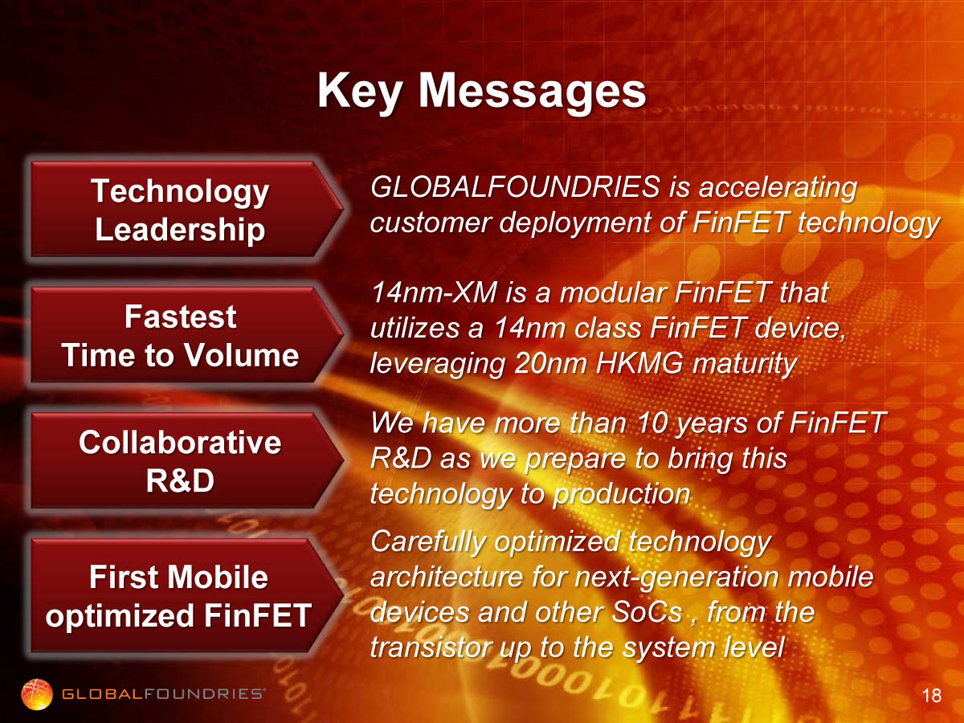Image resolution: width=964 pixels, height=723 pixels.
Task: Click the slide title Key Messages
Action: coord(481,92)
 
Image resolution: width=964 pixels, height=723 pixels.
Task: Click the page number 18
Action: coord(932,696)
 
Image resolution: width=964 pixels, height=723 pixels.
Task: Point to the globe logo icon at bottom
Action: coord(37,694)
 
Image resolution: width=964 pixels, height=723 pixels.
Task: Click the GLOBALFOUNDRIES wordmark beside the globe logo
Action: coord(163,694)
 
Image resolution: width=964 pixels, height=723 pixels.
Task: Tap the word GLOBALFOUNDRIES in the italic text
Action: coord(515,186)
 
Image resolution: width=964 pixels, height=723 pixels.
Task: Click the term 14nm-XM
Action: coord(434,292)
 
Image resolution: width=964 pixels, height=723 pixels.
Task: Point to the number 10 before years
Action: coord(652,423)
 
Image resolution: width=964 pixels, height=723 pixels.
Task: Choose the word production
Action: coord(622,495)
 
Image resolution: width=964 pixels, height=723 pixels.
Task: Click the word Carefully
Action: coord(428,542)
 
